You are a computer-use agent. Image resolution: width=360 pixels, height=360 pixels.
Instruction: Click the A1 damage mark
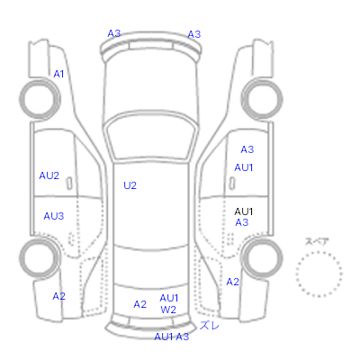(x=58, y=74)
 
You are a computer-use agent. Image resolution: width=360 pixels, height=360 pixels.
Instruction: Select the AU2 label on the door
(x=49, y=175)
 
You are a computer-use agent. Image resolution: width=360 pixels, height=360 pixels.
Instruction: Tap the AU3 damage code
(x=54, y=216)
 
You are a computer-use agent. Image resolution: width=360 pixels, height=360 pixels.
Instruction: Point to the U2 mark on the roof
(x=130, y=185)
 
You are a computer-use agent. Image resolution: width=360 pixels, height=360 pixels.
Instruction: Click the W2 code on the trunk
(x=168, y=310)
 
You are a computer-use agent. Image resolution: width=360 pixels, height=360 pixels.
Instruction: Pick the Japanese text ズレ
(x=210, y=326)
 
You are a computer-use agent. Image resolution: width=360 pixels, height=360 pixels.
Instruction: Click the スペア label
(x=317, y=241)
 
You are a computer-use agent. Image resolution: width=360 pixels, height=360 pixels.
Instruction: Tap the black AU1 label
(x=244, y=211)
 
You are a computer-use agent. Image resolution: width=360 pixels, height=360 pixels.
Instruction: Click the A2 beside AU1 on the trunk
(x=140, y=304)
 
